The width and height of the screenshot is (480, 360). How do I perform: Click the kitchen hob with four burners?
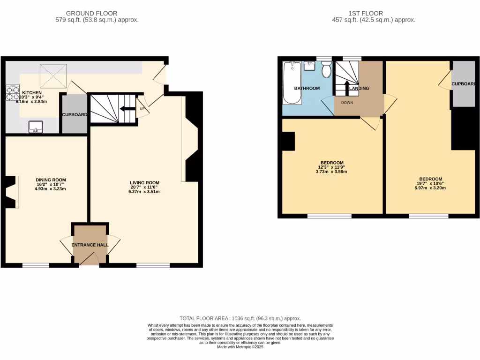coord(12,93)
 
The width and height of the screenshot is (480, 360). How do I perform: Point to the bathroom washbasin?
coord(310,65)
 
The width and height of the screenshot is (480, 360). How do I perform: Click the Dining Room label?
coord(51,180)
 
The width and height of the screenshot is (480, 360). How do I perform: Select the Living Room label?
coord(145,183)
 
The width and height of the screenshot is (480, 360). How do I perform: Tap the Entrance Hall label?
coord(90,245)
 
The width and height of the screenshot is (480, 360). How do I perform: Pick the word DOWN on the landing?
coord(347,103)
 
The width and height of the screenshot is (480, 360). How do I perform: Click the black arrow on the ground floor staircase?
coord(126,109)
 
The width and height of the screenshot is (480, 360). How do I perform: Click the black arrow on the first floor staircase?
coord(347,88)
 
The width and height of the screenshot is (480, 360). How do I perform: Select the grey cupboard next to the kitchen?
coord(75,114)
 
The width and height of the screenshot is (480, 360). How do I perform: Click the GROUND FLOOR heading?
coord(92,13)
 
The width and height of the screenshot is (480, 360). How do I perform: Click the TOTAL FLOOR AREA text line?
coord(240,318)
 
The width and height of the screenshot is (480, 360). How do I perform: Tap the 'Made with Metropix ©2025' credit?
coord(240,347)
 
